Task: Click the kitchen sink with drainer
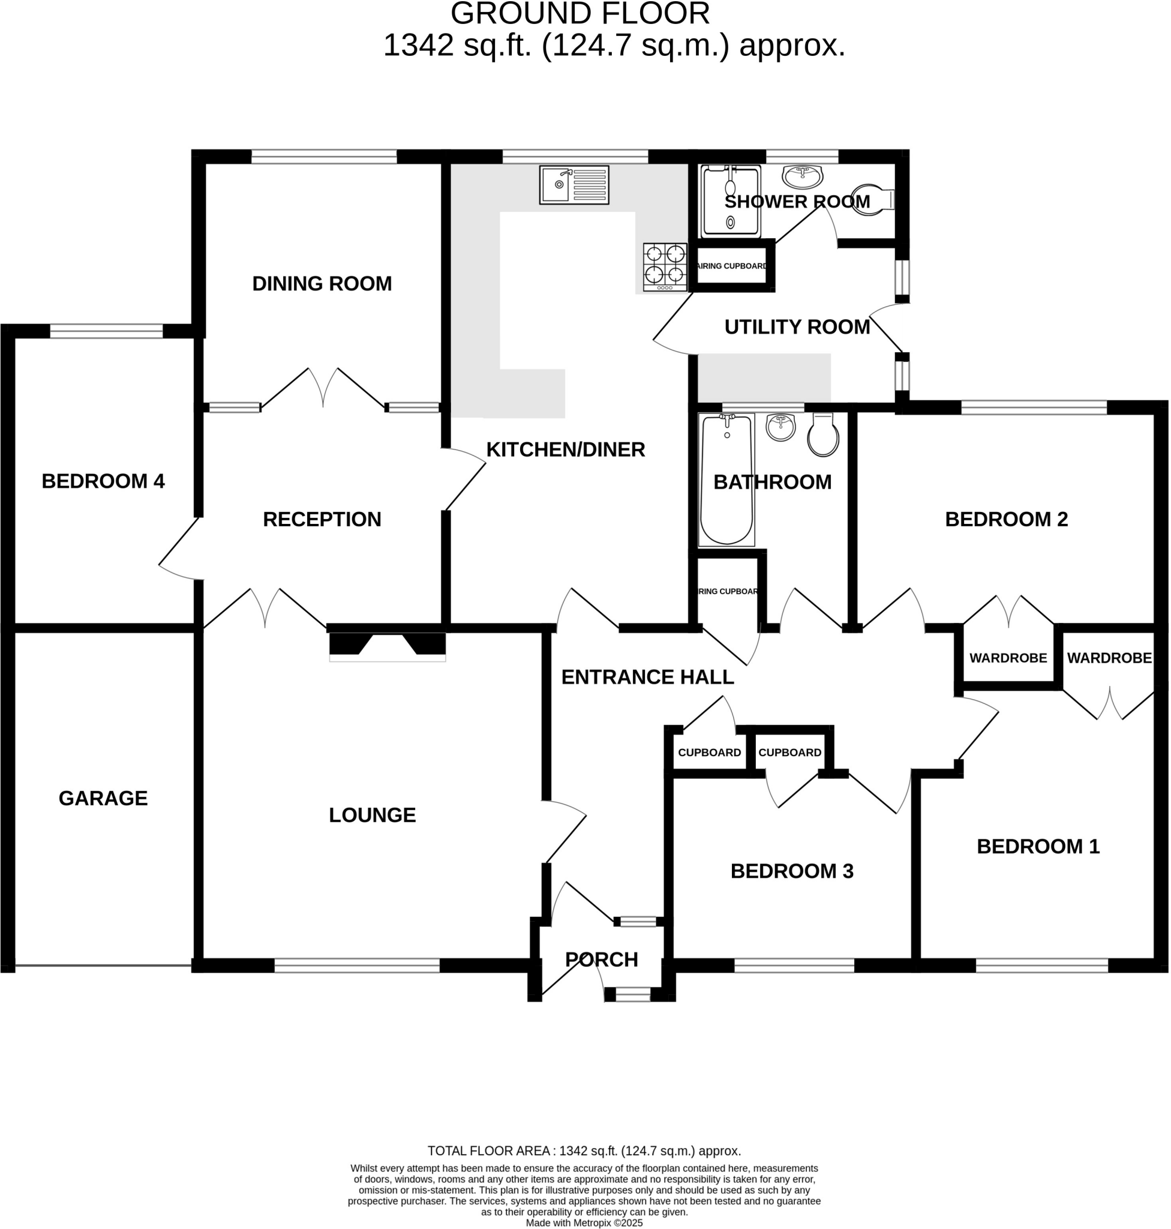click(574, 185)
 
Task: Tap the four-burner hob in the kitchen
click(665, 266)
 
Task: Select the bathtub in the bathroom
click(727, 479)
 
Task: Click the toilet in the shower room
click(875, 199)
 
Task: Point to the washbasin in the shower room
click(803, 177)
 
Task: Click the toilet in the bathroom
click(823, 435)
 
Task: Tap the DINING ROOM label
click(322, 284)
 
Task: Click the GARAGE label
click(103, 799)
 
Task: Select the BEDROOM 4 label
click(103, 481)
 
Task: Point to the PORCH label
click(602, 960)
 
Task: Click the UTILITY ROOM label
click(797, 327)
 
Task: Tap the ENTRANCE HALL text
click(647, 678)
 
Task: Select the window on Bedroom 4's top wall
click(106, 331)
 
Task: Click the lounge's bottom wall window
click(357, 966)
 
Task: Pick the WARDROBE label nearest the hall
click(1008, 658)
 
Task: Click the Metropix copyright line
click(584, 1224)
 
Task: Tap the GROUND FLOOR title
click(580, 14)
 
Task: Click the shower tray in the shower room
click(731, 202)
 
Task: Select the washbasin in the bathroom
click(780, 428)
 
